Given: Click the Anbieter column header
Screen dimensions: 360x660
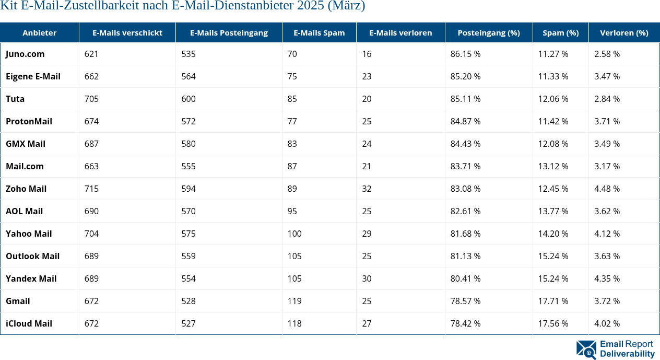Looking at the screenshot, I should click(x=39, y=32).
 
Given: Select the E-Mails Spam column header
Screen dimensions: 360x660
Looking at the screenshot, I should click(x=319, y=32).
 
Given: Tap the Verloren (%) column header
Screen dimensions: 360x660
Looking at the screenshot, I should click(x=624, y=32).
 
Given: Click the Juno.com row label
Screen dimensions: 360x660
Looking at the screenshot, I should click(x=25, y=54).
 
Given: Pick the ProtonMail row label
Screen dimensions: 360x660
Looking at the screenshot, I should click(x=29, y=121).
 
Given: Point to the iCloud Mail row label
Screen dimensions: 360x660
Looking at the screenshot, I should click(x=29, y=323).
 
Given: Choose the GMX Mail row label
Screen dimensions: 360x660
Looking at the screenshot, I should click(x=26, y=144).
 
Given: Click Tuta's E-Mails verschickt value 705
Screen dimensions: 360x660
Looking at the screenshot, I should click(x=91, y=99).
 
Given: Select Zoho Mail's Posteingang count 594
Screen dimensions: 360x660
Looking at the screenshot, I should click(x=188, y=189).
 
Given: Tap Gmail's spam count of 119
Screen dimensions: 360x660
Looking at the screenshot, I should click(x=294, y=301).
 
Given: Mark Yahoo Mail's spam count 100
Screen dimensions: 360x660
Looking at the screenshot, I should click(x=294, y=234).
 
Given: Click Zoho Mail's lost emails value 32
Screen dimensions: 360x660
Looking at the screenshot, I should click(x=367, y=189).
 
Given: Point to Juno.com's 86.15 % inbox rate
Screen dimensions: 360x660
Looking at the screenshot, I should click(x=465, y=54).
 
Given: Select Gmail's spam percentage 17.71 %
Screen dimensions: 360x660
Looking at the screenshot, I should click(x=553, y=301).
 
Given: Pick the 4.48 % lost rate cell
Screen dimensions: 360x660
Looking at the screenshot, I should click(x=607, y=189).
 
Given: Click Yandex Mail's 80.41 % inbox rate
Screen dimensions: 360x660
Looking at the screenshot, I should click(x=465, y=278).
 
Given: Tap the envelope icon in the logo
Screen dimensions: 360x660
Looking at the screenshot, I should click(x=586, y=350).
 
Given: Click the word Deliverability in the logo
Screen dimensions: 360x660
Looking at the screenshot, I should click(x=627, y=354).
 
